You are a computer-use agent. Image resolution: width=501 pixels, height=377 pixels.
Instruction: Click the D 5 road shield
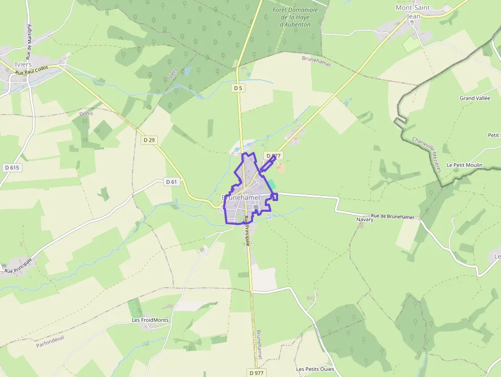(238, 88)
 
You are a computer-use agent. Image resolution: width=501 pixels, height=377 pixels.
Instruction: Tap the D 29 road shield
(149, 140)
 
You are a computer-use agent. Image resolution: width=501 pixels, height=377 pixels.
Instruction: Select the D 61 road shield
(171, 182)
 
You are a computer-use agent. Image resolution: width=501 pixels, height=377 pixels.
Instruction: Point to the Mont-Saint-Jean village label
(414, 12)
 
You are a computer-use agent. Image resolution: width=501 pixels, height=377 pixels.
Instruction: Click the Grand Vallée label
(474, 98)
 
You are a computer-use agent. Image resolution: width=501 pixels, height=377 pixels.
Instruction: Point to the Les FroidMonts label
(150, 320)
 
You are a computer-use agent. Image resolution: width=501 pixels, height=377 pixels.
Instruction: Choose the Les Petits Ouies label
(315, 369)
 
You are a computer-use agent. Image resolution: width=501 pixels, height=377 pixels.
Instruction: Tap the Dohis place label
(86, 114)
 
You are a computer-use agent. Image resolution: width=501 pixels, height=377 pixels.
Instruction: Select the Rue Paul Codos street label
(32, 71)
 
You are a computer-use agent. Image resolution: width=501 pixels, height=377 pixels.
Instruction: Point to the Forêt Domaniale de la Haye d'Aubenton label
(295, 17)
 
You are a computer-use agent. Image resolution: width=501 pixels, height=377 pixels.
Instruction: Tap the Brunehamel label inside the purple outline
(241, 197)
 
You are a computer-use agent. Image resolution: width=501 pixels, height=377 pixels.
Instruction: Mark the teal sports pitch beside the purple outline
(271, 183)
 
